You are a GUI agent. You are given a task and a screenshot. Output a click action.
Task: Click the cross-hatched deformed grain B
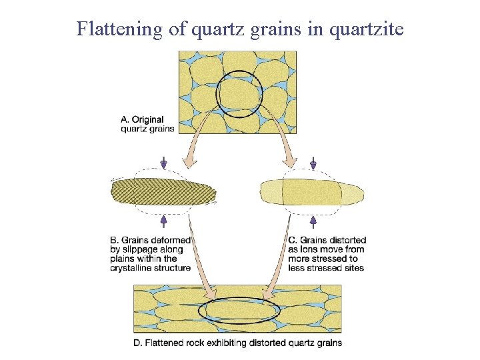coord(163,191)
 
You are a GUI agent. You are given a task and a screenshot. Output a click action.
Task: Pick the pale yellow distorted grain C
coord(312,192)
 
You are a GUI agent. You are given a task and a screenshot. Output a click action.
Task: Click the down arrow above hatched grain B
coord(163,163)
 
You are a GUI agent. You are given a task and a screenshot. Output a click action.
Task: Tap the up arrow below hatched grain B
coord(163,220)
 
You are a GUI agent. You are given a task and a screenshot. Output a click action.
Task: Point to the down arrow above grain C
coord(313,163)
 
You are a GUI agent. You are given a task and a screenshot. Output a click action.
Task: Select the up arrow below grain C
coord(313,220)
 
